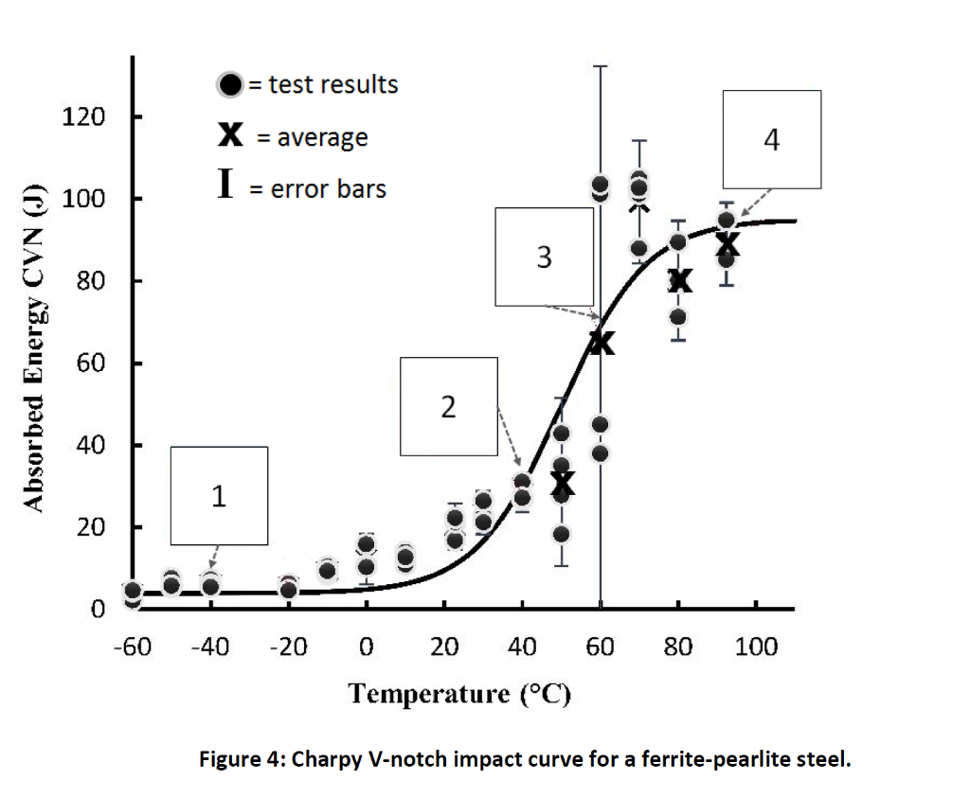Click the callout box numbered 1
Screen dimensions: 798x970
pos(219,495)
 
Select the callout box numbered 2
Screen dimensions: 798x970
pos(448,406)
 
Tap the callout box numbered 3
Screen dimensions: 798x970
pos(544,257)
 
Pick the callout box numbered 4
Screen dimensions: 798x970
pos(771,139)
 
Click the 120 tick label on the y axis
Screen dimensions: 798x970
pos(83,117)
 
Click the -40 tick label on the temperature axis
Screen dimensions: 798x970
pos(209,647)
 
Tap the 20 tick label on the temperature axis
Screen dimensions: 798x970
pos(444,647)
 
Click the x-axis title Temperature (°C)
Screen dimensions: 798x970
pos(460,694)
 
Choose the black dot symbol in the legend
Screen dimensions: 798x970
pos(229,85)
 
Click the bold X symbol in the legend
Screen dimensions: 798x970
pos(229,134)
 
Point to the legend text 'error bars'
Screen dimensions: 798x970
pos(329,188)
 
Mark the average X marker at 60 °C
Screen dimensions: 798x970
pos(602,343)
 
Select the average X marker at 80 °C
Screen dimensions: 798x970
pos(679,280)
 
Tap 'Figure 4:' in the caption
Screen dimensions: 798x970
pos(242,759)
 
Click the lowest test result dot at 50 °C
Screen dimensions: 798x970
pos(561,534)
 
